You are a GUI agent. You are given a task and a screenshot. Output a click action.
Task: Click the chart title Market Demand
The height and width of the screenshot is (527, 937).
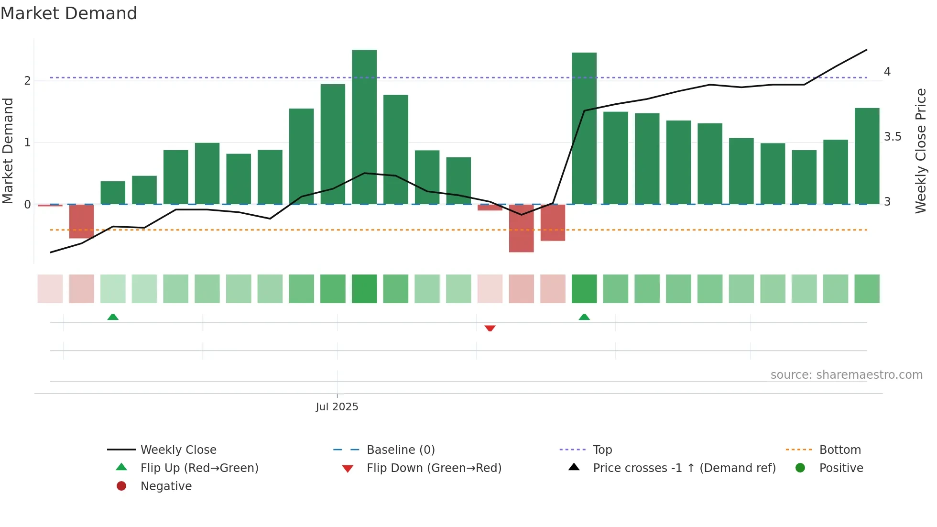(x=69, y=13)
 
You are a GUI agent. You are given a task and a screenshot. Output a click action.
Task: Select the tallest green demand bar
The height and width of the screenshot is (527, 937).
(x=364, y=127)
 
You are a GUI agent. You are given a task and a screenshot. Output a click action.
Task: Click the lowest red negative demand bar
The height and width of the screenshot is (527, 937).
(x=521, y=228)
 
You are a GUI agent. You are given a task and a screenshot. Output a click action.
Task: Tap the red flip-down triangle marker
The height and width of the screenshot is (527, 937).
(x=490, y=328)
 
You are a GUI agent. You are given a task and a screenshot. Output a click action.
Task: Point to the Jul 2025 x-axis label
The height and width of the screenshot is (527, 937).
(x=337, y=407)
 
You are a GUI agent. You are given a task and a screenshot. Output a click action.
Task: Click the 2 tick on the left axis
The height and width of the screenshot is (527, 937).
(x=27, y=81)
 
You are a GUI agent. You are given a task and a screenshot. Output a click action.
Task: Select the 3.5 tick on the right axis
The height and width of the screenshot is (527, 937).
(x=892, y=137)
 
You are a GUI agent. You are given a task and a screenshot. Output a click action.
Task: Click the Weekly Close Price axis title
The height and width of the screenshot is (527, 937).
(x=920, y=151)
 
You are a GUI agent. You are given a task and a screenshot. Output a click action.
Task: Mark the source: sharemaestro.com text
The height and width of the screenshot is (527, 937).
(x=846, y=375)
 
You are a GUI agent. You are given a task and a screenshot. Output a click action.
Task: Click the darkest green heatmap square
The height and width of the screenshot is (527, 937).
(x=364, y=289)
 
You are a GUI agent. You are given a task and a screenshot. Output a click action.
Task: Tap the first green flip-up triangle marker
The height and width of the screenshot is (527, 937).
(x=113, y=317)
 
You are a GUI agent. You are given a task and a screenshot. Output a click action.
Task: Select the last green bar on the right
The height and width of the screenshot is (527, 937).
(x=867, y=156)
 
